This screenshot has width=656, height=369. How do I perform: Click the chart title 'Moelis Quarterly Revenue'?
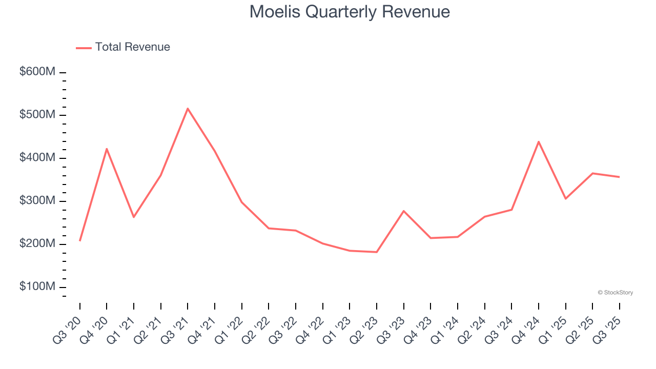(350, 11)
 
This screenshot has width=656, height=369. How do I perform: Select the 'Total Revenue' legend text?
(132, 47)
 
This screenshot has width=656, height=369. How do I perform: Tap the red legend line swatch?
(84, 48)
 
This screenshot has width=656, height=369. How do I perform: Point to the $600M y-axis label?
(37, 72)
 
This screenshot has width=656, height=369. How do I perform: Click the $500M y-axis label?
(37, 115)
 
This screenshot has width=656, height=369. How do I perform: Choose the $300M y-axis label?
(37, 200)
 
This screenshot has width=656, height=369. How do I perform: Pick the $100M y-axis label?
(37, 286)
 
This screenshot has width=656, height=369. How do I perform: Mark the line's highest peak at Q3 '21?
(188, 109)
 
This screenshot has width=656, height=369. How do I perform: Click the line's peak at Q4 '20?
(107, 149)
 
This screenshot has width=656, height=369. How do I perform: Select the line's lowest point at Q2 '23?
(377, 252)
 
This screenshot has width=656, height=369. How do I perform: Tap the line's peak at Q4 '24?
(539, 141)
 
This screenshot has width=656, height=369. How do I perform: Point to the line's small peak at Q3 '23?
(404, 211)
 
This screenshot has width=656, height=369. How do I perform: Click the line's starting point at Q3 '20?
(80, 240)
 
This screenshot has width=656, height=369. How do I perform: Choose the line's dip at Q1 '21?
(134, 217)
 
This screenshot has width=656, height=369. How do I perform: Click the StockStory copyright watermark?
(615, 293)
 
